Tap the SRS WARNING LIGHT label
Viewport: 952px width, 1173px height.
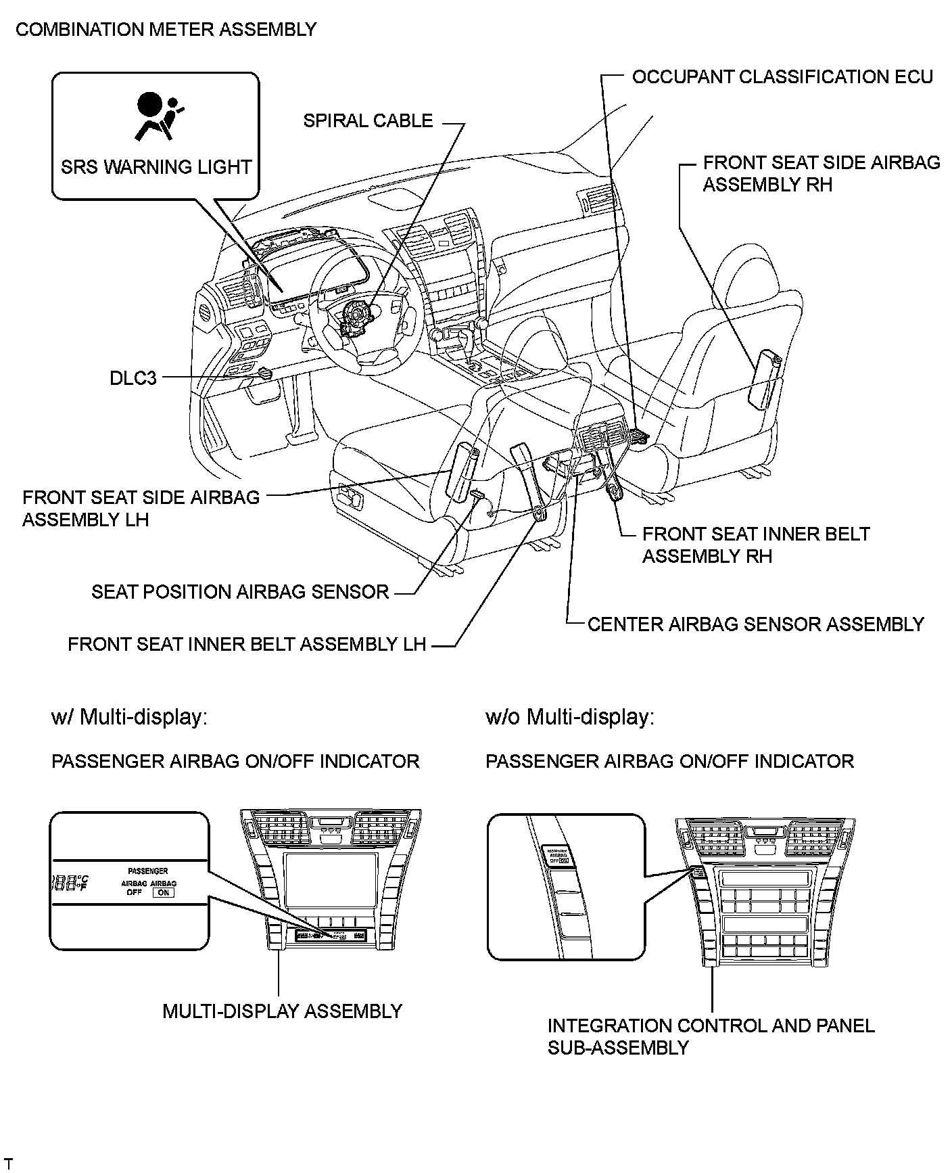coord(156,167)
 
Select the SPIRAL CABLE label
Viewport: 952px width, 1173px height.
coord(368,121)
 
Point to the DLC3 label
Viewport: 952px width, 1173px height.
coord(133,378)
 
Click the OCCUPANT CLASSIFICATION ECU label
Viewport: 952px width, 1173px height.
coord(782,77)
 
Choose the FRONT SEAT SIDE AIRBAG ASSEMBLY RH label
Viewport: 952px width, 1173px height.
coord(821,174)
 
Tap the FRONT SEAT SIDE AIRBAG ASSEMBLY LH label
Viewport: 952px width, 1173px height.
coord(141,509)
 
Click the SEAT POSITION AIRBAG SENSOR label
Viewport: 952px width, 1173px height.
coord(240,593)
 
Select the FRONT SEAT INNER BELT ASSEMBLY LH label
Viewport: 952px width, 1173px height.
coord(247,645)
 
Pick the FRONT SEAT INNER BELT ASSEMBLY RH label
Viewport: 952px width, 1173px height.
coord(755,545)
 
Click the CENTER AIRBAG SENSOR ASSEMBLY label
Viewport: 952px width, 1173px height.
coord(755,624)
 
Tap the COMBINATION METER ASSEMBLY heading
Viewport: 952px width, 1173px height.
coord(166,30)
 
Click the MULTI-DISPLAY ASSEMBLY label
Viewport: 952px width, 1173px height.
coord(282,1011)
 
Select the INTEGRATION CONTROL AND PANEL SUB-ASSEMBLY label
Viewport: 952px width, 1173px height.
coord(711,1036)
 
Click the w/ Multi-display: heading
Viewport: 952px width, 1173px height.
coord(129,717)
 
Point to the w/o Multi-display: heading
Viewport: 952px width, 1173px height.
coord(569,717)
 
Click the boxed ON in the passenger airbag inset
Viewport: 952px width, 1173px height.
coord(164,892)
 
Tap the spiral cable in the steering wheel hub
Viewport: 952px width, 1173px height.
coord(356,318)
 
